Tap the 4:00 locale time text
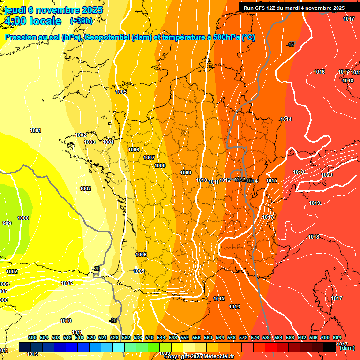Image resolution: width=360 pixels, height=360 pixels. point(32,21)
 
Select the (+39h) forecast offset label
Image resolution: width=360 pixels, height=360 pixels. point(81,21)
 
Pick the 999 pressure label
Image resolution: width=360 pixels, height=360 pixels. point(7,223)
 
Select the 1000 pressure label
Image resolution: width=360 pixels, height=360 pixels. point(23,218)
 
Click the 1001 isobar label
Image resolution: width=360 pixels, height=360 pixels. point(35,130)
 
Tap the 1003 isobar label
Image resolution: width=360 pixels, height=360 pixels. point(90,142)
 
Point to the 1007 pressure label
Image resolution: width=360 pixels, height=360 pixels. point(149,157)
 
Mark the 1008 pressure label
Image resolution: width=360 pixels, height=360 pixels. point(160,165)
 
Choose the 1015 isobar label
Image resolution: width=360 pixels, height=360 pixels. point(271,180)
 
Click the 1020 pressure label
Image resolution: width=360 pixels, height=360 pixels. point(327,175)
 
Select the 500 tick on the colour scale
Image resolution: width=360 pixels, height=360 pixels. point(32,337)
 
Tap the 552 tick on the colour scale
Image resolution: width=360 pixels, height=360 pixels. point(185,337)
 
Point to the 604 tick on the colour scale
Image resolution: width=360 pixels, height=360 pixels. point(337,337)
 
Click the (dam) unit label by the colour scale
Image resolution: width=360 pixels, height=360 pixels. point(347,348)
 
